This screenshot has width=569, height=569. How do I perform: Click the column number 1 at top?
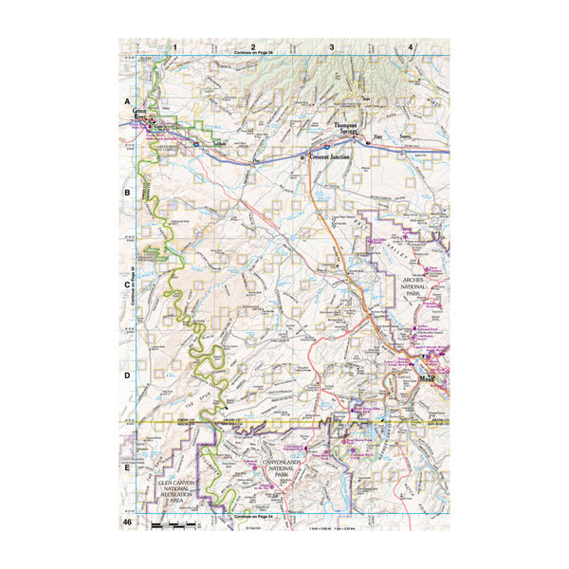tap(174, 46)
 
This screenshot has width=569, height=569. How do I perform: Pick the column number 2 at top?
tap(253, 46)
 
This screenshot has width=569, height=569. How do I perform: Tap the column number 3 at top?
tap(332, 46)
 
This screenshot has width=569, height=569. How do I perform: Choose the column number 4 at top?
tap(411, 46)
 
